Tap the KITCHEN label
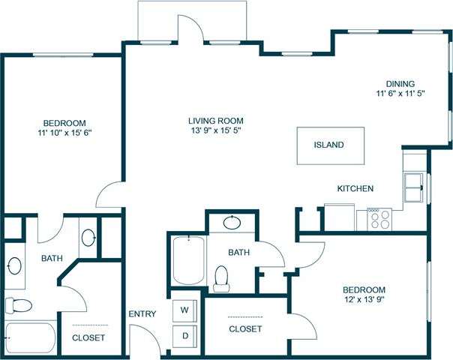tap(355, 189)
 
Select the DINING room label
tap(400, 84)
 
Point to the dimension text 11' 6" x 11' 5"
tap(400, 95)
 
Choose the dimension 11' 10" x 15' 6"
tap(64, 133)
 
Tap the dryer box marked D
tap(184, 336)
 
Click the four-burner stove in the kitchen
tap(380, 218)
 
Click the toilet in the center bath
tap(221, 277)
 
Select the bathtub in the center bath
tap(187, 259)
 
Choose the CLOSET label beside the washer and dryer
tap(244, 329)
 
